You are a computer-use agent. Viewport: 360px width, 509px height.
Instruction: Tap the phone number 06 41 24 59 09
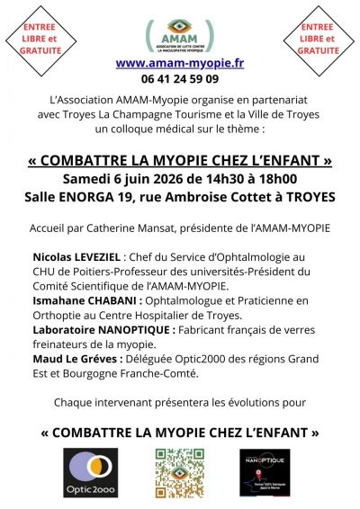pyautogui.click(x=179, y=78)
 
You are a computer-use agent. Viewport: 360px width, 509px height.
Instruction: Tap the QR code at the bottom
pyautogui.click(x=179, y=472)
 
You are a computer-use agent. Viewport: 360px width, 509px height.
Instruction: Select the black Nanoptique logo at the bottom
pyautogui.click(x=264, y=472)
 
